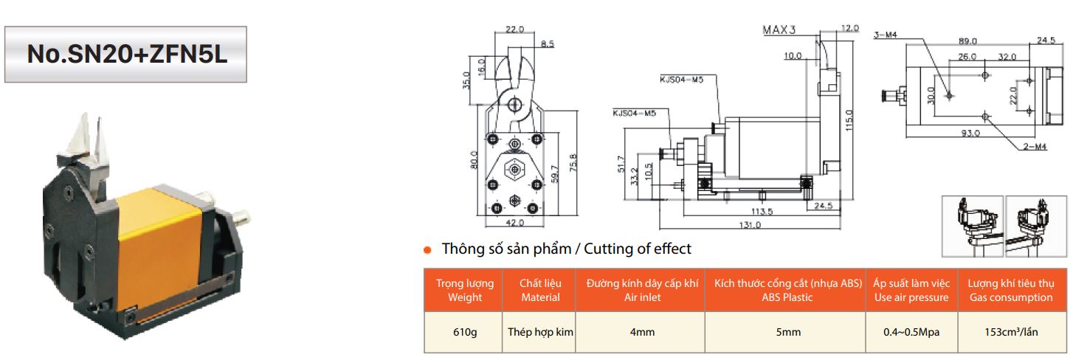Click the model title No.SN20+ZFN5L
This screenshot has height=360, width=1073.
(125, 55)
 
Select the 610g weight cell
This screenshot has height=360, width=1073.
(465, 332)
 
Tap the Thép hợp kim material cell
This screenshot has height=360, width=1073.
(541, 332)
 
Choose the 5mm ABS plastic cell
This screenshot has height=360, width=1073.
(788, 332)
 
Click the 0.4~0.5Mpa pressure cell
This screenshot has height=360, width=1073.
(911, 332)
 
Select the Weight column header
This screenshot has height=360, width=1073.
(465, 290)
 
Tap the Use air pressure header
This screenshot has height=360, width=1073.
(911, 290)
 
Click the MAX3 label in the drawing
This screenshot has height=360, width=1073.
(779, 30)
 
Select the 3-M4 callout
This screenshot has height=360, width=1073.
(886, 35)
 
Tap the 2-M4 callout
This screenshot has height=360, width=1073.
(1036, 147)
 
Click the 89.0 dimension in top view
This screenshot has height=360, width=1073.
(967, 41)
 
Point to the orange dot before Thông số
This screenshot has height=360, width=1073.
(427, 250)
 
